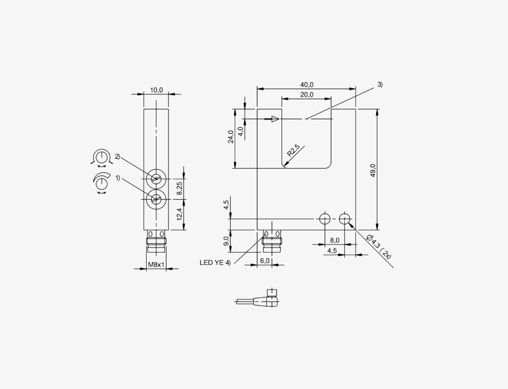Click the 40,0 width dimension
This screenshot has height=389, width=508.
tap(307, 85)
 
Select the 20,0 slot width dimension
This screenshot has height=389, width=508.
tap(307, 95)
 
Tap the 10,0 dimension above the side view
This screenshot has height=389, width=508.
tap(156, 90)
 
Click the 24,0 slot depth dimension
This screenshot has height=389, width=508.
tap(231, 137)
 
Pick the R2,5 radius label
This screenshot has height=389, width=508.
tap(293, 151)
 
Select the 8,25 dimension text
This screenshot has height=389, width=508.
tap(180, 188)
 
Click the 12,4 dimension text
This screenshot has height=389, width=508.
tap(180, 214)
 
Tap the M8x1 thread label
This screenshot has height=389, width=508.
tap(156, 265)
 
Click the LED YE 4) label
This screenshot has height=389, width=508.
tap(215, 263)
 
